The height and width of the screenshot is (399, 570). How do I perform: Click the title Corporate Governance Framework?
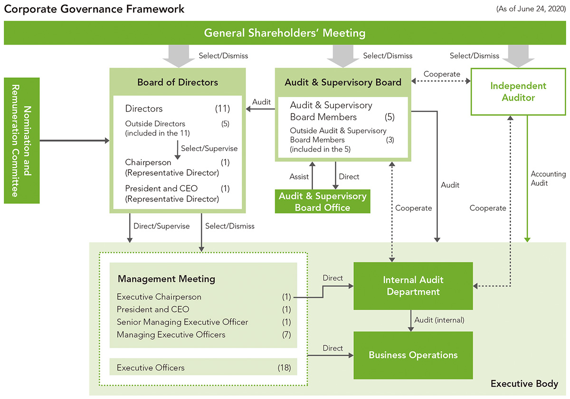click(95, 9)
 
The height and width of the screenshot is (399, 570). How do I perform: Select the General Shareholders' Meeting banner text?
click(285, 33)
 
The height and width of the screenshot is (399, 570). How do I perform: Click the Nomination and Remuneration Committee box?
click(22, 141)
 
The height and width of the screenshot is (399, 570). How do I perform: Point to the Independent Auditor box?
click(518, 92)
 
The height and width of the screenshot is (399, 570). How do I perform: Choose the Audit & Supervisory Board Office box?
click(323, 201)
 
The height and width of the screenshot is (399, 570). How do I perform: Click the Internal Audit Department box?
click(413, 286)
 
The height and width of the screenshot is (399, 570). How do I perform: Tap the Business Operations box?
click(413, 355)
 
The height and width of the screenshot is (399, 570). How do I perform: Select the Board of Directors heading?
click(178, 82)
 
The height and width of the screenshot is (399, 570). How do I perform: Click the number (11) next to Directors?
click(222, 109)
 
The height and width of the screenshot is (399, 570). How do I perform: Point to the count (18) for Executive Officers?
click(284, 368)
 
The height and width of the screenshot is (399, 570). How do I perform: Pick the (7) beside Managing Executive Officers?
click(286, 335)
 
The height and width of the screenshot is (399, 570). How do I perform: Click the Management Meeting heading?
click(166, 279)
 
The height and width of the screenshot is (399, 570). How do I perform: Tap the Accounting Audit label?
click(548, 179)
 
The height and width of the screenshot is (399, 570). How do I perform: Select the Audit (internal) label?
click(439, 320)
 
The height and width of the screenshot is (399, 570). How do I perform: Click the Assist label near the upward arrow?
click(299, 177)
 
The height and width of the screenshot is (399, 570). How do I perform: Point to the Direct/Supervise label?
click(161, 226)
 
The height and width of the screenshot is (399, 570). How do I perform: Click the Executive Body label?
click(524, 383)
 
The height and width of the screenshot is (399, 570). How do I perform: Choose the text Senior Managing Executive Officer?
click(182, 322)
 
